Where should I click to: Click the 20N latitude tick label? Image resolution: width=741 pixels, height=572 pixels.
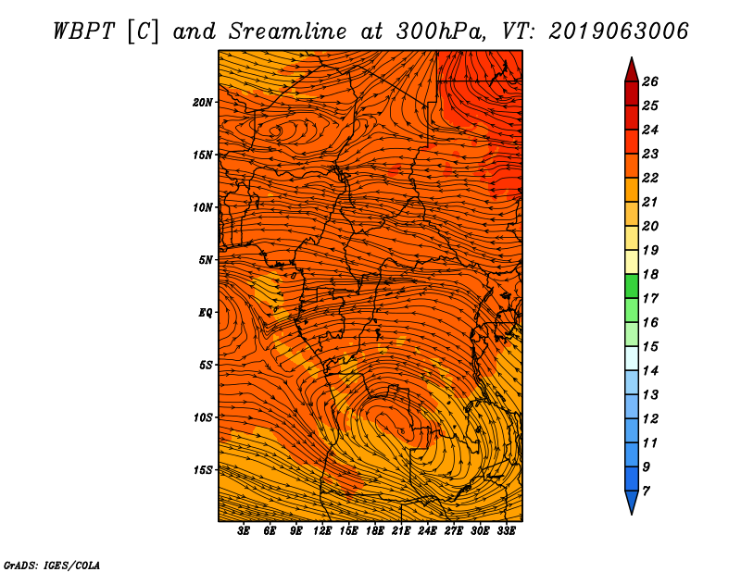click(x=202, y=103)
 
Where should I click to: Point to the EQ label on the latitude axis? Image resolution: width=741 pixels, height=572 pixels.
click(x=205, y=313)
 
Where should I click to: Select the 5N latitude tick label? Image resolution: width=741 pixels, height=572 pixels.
click(x=206, y=260)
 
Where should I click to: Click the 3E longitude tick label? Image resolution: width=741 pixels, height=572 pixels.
click(x=244, y=531)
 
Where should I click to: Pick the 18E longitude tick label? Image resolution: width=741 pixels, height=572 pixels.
click(x=375, y=531)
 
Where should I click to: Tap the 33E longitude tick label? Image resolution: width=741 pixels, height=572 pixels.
click(x=506, y=531)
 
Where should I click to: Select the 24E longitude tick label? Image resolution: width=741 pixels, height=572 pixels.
click(x=427, y=531)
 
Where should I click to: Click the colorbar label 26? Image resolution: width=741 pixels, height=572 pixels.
click(x=650, y=81)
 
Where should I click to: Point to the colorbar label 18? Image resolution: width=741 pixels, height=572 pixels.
click(x=650, y=274)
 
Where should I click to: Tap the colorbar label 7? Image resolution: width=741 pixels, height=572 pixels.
click(x=647, y=491)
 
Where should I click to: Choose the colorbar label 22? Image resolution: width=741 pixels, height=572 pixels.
click(x=650, y=178)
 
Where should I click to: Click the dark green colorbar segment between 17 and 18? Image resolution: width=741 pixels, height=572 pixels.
click(x=632, y=286)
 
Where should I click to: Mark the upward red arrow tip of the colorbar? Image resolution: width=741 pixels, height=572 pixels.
click(x=632, y=58)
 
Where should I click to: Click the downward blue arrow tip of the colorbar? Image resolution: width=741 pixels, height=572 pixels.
click(x=632, y=514)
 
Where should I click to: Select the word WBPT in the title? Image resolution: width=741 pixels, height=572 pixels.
click(x=83, y=31)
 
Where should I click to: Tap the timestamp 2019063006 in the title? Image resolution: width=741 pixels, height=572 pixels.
click(x=619, y=31)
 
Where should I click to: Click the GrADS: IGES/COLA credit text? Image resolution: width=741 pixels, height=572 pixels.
click(x=52, y=566)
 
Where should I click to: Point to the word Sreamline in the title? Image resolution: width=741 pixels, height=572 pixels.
click(x=288, y=31)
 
